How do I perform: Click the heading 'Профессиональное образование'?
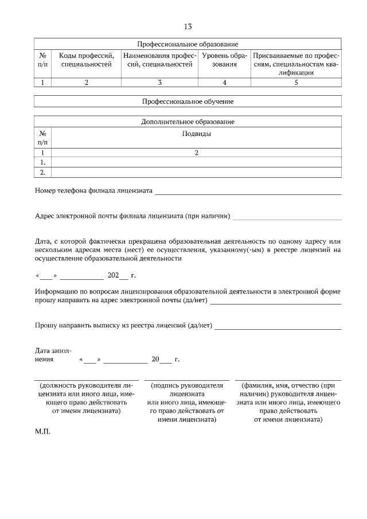coord(188,44)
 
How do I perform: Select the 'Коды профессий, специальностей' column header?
coord(87,60)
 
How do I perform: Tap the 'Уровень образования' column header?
coord(225,60)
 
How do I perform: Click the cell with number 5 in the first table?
coord(296,83)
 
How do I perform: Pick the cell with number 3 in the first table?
coord(160,83)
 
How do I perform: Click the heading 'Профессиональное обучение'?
coord(188,102)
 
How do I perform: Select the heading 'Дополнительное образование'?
coord(188,122)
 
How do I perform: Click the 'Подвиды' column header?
coord(196,134)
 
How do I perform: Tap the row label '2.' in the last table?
coord(42,171)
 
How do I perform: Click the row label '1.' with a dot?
coord(42,162)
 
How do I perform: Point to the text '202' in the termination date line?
coord(113,276)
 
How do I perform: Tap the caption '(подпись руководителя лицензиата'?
coord(186,391)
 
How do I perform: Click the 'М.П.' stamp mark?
coord(42,432)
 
